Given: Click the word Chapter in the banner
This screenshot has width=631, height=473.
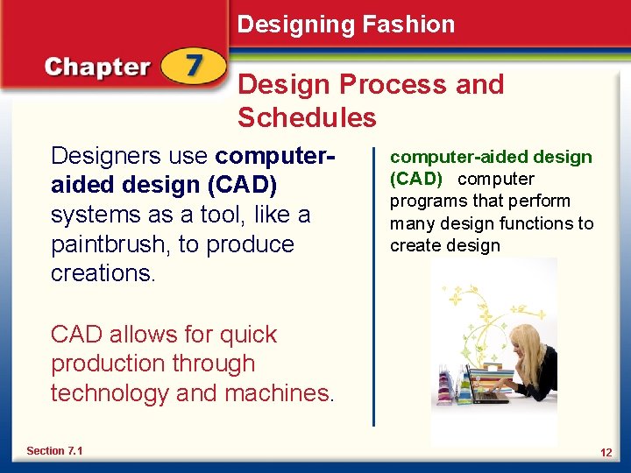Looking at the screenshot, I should pyautogui.click(x=97, y=67).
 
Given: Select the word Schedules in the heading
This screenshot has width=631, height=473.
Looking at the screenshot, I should pyautogui.click(x=306, y=117).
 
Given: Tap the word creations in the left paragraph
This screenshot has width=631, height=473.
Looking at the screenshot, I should pyautogui.click(x=102, y=273).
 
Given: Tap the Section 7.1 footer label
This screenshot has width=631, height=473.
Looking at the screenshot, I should pyautogui.click(x=54, y=450).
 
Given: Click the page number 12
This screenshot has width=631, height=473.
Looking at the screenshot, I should pyautogui.click(x=605, y=452).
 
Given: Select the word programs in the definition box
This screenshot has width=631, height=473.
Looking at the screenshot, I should pyautogui.click(x=424, y=201).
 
